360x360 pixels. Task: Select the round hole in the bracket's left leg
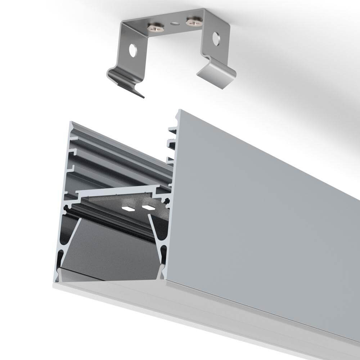[x=133, y=51]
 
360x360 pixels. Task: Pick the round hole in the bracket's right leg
[x=216, y=39]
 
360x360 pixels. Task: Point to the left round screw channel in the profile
[x=66, y=208]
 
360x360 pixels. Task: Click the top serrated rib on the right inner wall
[x=172, y=129]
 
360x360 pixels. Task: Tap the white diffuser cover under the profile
[x=202, y=306]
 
